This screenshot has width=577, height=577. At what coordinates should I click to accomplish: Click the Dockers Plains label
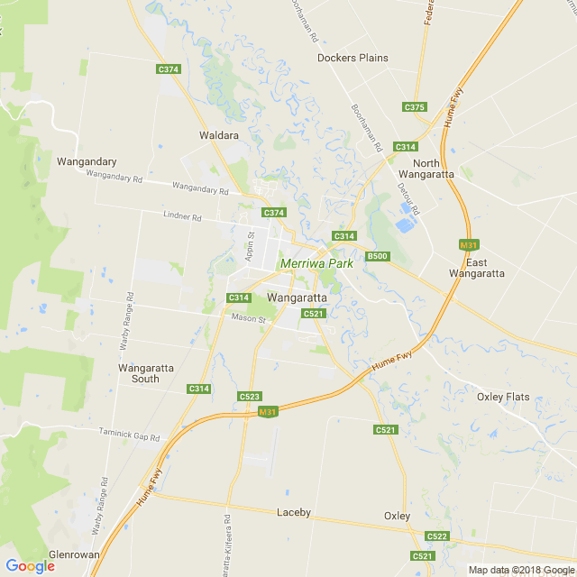353,58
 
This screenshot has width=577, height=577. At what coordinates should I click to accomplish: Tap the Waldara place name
218,135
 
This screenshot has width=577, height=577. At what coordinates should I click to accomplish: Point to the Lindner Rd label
182,217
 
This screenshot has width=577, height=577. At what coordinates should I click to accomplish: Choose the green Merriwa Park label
316,264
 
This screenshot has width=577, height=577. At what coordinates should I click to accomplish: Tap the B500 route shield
377,257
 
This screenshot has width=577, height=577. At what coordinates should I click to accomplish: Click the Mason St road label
250,318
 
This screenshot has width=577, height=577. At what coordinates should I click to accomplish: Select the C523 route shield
250,397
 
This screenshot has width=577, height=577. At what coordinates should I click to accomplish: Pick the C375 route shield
414,107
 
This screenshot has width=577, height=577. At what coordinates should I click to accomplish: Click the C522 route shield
437,536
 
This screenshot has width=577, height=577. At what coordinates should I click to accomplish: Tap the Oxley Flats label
503,397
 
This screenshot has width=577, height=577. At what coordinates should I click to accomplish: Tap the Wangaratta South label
139,373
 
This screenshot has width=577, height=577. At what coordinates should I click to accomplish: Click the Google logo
30,566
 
